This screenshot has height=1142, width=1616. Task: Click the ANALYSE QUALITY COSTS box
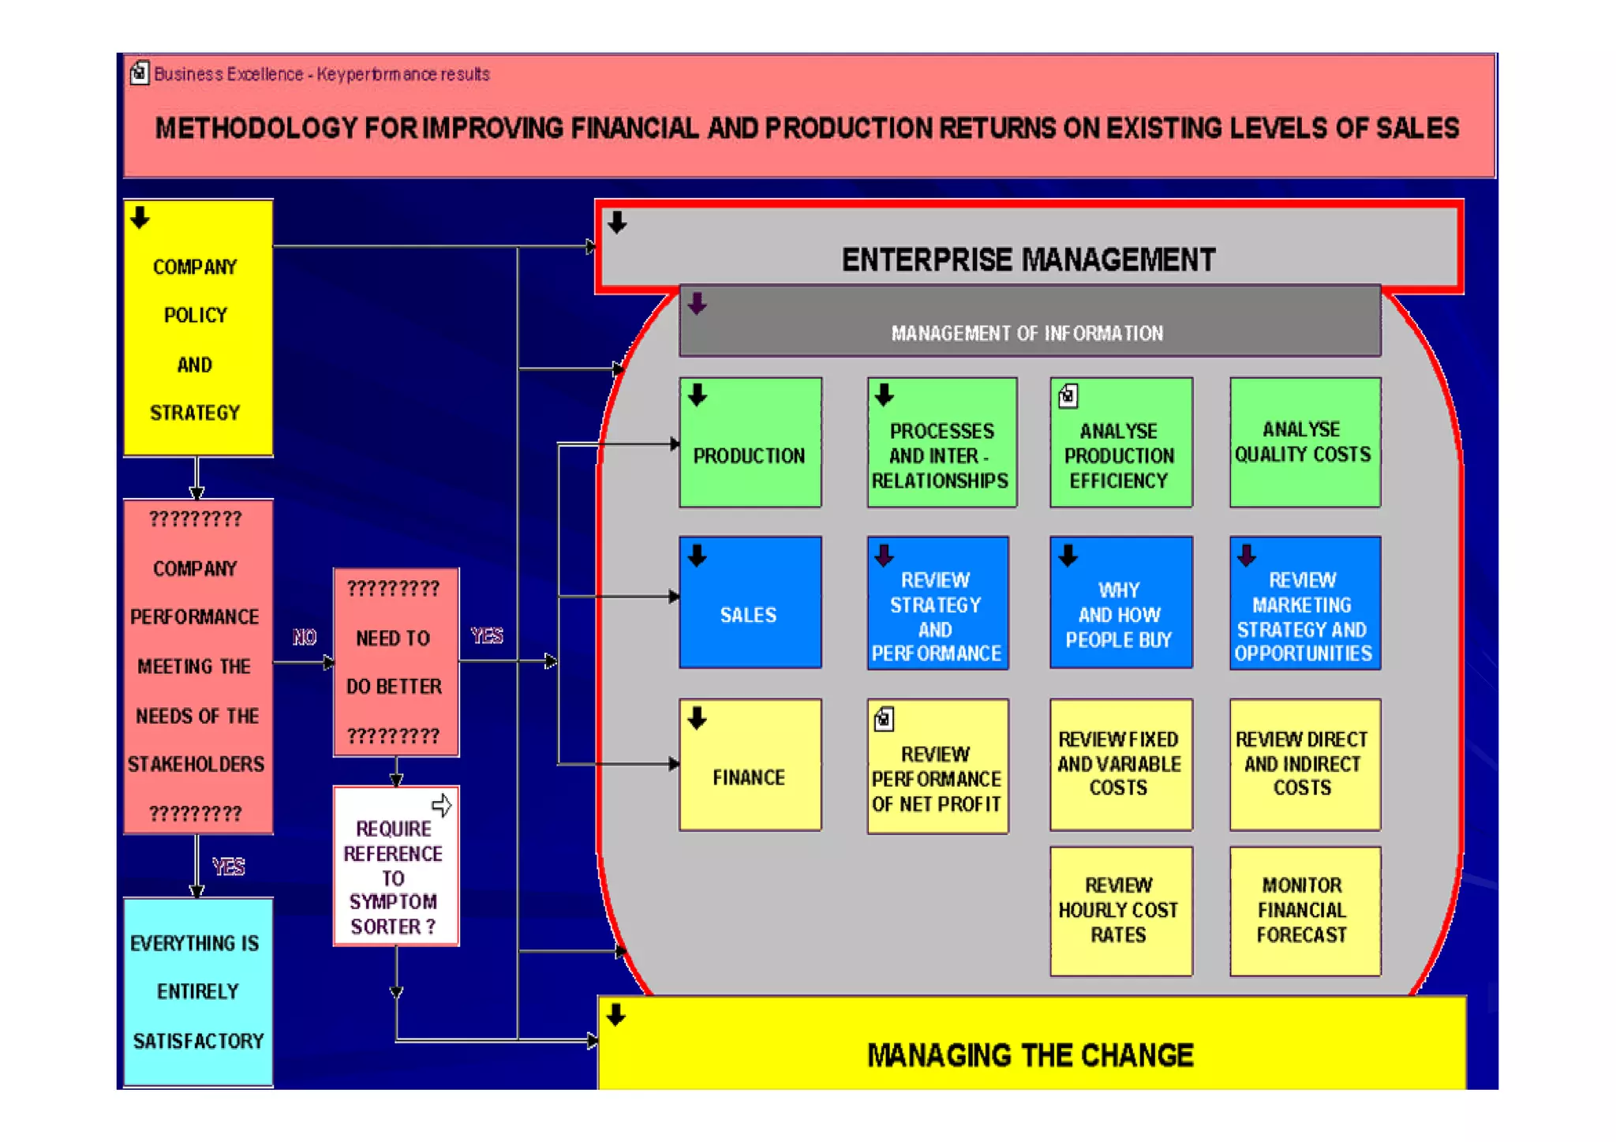[x=1304, y=443]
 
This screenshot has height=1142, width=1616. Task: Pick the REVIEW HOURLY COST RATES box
[x=1120, y=911]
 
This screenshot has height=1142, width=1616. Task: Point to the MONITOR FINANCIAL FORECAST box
[x=1304, y=911]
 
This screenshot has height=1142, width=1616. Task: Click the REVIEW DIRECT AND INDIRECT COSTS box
[x=1304, y=765]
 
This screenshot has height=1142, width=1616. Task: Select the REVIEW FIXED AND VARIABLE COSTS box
[x=1120, y=765]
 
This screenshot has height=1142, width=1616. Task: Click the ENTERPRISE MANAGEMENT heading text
[x=1029, y=260]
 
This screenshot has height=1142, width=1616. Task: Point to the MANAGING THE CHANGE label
[x=1031, y=1055]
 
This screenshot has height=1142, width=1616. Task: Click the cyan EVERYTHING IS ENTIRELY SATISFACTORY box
[x=198, y=992]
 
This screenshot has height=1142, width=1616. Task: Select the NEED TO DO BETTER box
[x=395, y=662]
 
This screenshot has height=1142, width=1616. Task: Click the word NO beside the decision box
[x=305, y=637]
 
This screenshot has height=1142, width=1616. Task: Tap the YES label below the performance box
[x=228, y=867]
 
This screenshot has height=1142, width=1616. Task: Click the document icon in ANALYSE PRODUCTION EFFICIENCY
[x=1068, y=395]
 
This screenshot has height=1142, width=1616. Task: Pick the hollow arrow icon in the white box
[x=442, y=805]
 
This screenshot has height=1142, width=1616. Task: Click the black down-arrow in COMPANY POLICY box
[x=140, y=218]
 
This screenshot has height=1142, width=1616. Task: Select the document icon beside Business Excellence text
[x=140, y=73]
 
